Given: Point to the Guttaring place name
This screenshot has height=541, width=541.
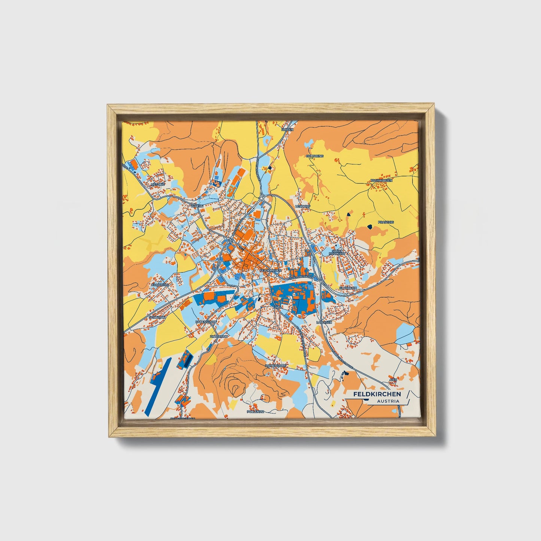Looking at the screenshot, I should coord(314,156).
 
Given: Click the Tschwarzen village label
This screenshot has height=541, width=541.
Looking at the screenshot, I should coord(381,180).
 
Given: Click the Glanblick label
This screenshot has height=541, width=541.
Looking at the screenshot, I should coord(348,288).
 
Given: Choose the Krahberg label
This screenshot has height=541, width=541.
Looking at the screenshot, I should coord(160,285).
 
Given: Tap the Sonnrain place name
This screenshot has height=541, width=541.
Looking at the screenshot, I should coord(157,317).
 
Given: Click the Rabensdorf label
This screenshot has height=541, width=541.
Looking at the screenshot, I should coord(206,322).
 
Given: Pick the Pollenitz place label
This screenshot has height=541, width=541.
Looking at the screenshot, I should coord(256,411).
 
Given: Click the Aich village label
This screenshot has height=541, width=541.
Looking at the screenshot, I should coord(393,380).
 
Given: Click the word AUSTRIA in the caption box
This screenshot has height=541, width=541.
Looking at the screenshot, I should coord(388,401).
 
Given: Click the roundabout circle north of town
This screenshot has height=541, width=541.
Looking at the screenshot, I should coord(261,198).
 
